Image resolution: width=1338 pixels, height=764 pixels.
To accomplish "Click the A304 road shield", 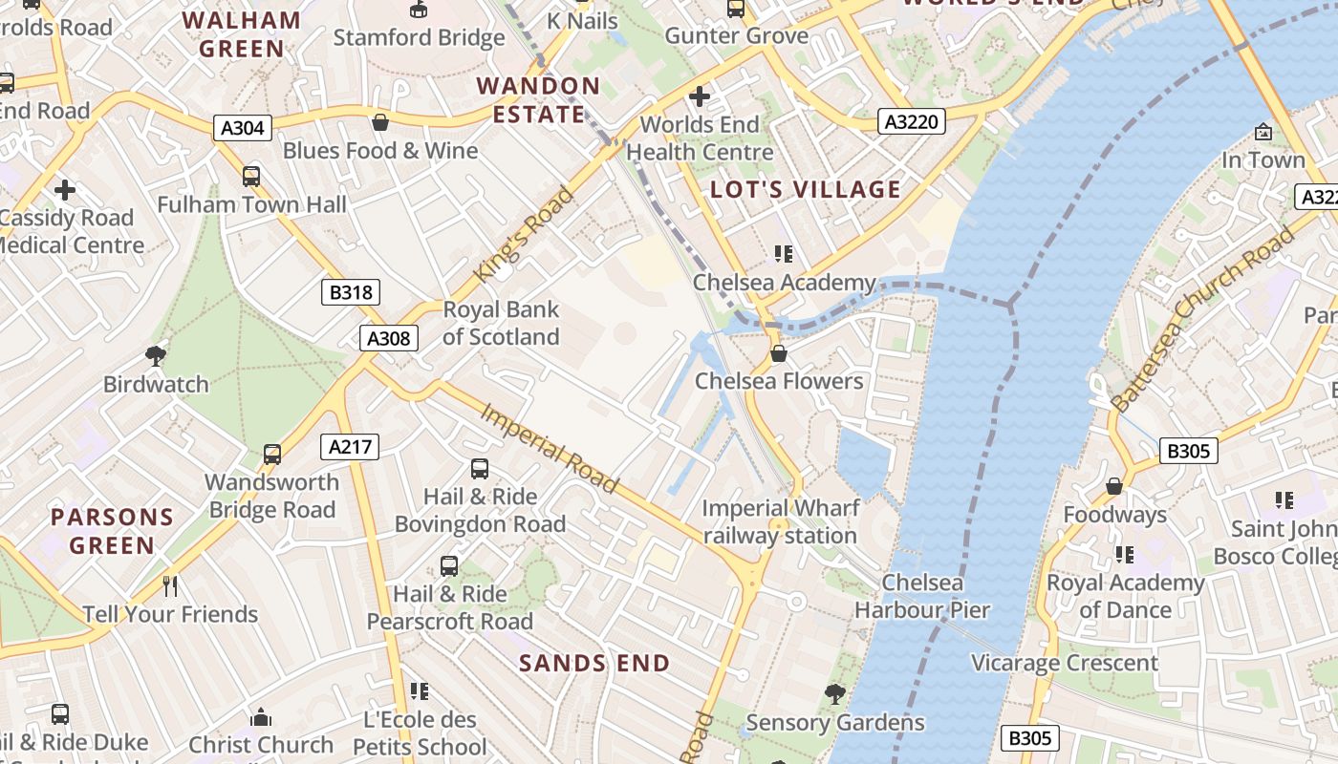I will [243, 128].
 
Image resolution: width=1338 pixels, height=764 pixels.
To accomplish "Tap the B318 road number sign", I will [350, 292].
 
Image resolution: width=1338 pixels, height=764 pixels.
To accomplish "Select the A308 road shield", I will [389, 338].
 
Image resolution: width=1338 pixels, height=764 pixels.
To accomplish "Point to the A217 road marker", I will [350, 446].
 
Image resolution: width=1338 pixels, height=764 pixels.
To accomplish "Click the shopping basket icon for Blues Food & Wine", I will [379, 122].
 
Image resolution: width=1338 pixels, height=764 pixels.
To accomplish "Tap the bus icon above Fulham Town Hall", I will [251, 177].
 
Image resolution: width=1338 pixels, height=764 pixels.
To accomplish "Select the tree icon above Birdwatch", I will [155, 356].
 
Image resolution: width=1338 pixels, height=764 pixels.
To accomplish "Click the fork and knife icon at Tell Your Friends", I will [170, 585].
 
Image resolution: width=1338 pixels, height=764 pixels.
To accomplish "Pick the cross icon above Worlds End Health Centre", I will [700, 96].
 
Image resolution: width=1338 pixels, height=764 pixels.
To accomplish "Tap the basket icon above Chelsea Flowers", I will [779, 353].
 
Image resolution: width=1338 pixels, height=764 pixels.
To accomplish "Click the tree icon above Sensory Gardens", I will [834, 694].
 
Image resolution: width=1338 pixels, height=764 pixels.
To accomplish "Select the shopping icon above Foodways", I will [1113, 487].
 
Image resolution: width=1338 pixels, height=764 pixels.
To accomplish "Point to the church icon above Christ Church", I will [260, 717].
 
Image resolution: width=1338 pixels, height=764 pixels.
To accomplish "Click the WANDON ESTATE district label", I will [538, 100].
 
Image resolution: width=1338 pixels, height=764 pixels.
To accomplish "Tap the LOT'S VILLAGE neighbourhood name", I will [806, 189].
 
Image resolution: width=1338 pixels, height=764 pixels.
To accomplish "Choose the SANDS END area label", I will [594, 663].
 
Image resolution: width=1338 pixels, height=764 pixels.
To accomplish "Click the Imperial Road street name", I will [550, 448].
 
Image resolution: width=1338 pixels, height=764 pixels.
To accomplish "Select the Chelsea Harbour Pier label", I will [921, 596].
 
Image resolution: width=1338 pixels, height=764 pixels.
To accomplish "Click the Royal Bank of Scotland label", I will [501, 323].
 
